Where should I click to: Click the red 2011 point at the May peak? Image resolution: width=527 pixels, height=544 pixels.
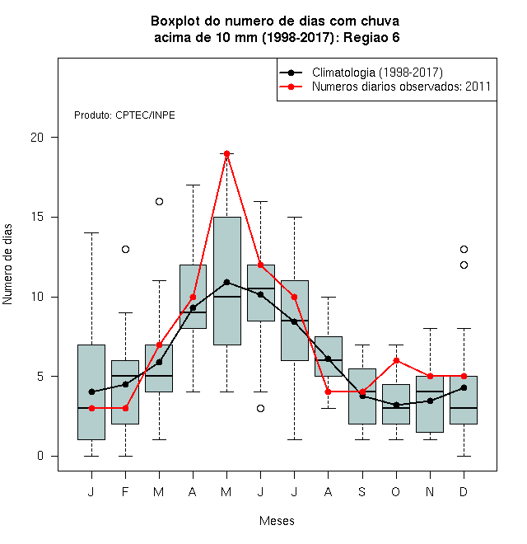(x=226, y=153)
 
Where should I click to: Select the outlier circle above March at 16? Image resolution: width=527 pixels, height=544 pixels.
(x=159, y=201)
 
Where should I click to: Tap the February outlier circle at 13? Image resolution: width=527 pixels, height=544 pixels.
(x=125, y=249)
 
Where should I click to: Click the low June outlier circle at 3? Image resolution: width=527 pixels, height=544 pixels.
(x=261, y=408)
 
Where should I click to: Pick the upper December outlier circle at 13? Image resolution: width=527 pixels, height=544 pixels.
(x=464, y=249)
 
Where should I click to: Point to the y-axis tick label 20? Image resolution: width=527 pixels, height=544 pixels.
(x=37, y=138)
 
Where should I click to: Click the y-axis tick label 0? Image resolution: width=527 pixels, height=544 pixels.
(x=40, y=456)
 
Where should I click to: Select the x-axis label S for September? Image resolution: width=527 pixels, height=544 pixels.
(x=362, y=491)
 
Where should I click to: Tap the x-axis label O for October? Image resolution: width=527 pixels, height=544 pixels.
(x=395, y=491)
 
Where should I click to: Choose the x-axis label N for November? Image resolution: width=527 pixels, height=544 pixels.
(x=430, y=491)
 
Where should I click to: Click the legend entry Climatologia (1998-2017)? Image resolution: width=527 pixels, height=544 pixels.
(x=377, y=73)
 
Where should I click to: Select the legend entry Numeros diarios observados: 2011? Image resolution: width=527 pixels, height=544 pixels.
(x=401, y=87)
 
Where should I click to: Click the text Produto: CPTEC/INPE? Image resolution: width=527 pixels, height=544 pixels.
(x=124, y=115)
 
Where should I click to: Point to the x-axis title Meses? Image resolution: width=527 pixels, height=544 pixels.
(x=277, y=521)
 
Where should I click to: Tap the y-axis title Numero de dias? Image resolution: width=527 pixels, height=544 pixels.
(x=7, y=265)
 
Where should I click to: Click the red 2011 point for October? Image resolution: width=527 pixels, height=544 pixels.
(x=396, y=360)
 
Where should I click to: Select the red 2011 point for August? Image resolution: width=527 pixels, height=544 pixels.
(x=328, y=392)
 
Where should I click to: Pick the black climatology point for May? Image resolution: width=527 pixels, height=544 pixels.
(x=226, y=282)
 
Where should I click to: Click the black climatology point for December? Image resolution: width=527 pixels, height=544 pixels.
(x=464, y=387)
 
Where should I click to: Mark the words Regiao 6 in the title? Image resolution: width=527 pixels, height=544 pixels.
(x=371, y=37)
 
